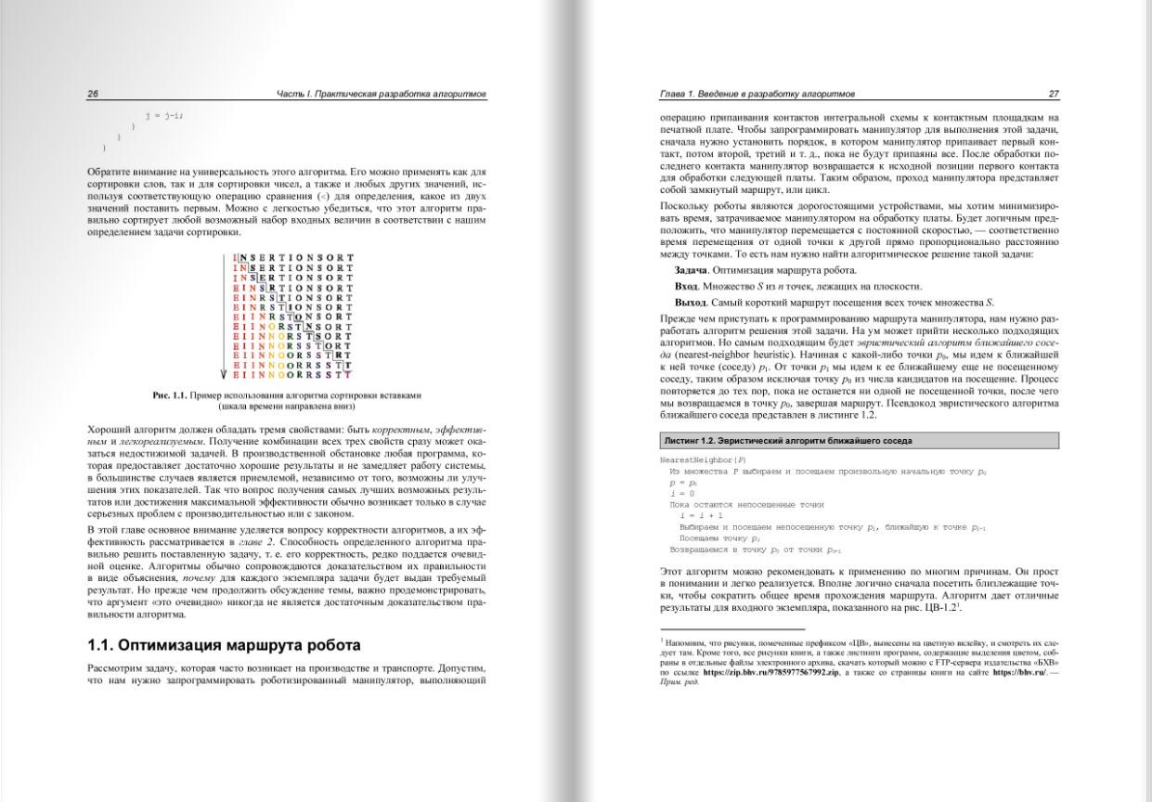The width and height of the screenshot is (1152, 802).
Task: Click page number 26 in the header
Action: (x=93, y=94)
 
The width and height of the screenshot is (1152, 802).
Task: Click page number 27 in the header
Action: (x=1054, y=94)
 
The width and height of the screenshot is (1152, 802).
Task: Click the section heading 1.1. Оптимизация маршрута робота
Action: (x=224, y=645)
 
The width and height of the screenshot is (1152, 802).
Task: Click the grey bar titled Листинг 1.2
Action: (x=859, y=440)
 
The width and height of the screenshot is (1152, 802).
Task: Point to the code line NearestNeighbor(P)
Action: (x=703, y=459)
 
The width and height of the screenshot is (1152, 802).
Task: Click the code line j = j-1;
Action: (x=164, y=115)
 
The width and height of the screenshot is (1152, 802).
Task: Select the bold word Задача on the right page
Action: (x=692, y=270)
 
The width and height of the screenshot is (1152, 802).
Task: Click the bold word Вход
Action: (x=686, y=286)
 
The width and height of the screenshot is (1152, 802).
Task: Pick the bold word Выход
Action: (x=690, y=302)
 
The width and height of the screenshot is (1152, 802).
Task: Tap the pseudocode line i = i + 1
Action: (x=702, y=514)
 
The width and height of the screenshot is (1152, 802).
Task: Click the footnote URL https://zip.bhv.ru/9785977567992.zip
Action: (x=770, y=671)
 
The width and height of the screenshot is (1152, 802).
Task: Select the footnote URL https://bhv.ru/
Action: (x=1019, y=671)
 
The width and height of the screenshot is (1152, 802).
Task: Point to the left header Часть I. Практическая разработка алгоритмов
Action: (x=382, y=94)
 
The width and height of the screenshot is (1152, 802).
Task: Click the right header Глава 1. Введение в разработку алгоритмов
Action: (x=757, y=94)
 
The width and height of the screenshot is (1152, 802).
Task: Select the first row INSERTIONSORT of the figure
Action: (x=292, y=256)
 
